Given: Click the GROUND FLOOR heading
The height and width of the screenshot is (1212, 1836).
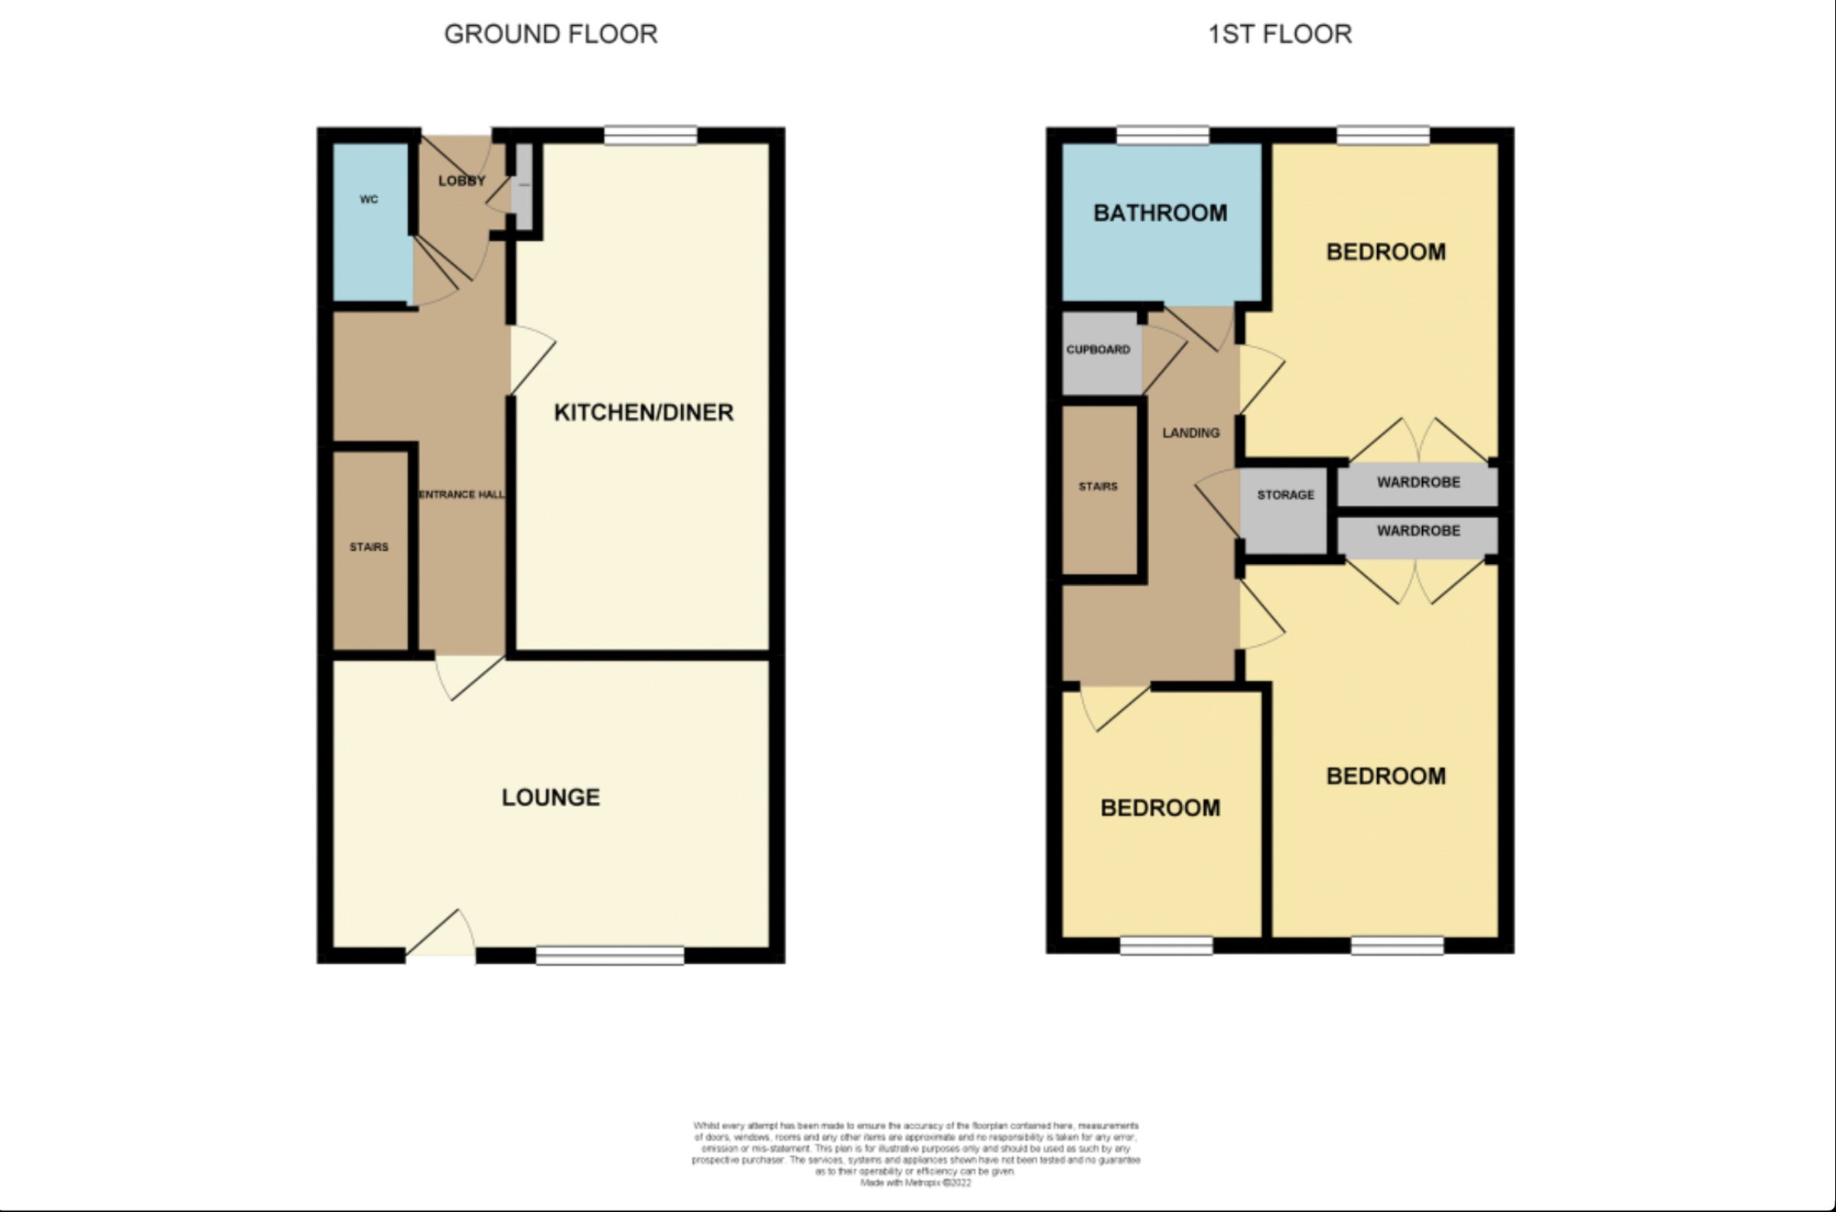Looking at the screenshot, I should [550, 34].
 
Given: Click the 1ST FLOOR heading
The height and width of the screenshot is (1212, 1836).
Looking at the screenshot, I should [1280, 34].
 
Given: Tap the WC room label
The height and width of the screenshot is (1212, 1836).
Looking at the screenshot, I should [369, 200].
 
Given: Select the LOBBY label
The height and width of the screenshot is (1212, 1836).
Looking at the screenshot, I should [461, 181].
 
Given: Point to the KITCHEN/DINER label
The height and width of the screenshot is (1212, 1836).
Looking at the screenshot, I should [643, 412].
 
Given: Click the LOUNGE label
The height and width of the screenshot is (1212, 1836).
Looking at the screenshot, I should [550, 798].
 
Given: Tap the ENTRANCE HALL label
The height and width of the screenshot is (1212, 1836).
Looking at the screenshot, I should [461, 495].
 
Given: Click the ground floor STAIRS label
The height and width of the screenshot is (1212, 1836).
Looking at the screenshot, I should [369, 547].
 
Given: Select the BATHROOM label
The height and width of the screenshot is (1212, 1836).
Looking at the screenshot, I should [1160, 213].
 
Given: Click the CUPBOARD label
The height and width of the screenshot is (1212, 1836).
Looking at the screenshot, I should [1097, 350].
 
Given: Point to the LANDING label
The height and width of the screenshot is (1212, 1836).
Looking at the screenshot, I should [1191, 433].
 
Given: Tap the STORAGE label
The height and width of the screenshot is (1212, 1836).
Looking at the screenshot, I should [1285, 495].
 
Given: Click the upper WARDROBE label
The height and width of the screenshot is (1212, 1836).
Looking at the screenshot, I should [1418, 482].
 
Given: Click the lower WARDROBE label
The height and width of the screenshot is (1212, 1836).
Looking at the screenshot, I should [1418, 531].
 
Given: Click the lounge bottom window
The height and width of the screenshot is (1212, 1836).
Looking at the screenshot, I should [610, 956].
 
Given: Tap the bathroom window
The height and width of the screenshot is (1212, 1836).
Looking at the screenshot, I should [1162, 136].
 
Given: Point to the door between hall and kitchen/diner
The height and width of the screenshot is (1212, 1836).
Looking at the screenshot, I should [530, 360].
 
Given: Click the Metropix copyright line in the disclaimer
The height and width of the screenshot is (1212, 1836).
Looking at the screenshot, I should [916, 1183].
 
